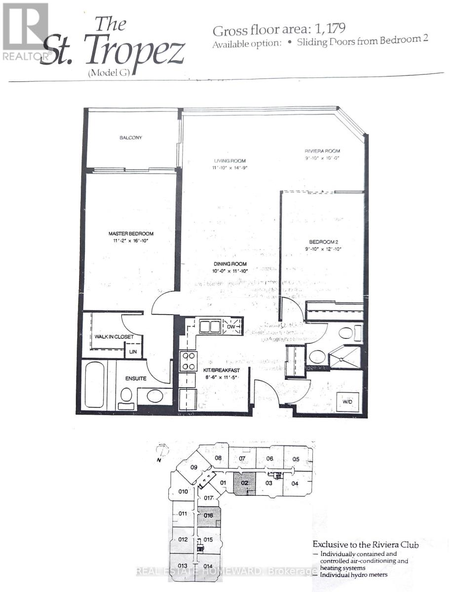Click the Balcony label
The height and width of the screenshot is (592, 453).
[x=131, y=138]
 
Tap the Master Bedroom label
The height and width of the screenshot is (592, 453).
[x=131, y=233]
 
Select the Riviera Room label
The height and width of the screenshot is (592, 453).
[x=322, y=151]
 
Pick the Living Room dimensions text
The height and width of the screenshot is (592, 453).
[x=229, y=168]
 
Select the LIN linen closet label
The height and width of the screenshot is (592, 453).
[x=133, y=352]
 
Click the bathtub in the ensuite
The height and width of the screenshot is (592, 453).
[x=94, y=385]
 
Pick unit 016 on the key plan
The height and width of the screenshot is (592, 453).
[x=208, y=516]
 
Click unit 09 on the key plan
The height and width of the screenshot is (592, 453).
[x=193, y=467]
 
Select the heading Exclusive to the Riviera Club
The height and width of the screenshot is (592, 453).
[x=366, y=545]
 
